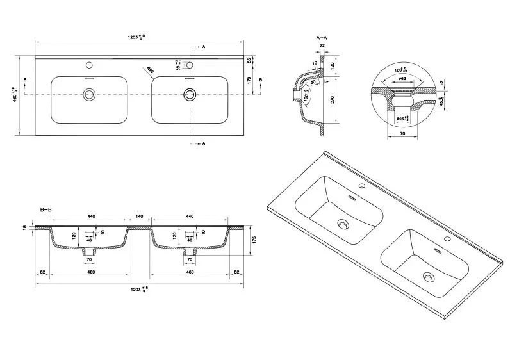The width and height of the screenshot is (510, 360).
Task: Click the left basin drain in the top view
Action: click(x=88, y=95)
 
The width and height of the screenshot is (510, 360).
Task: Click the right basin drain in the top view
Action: click(x=189, y=95)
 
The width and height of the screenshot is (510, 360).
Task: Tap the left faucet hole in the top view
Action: click(x=88, y=65)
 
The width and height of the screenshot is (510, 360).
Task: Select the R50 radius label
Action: click(x=149, y=70)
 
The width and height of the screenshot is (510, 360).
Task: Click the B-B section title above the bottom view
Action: click(x=45, y=209)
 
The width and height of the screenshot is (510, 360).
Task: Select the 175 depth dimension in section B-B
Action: click(x=254, y=240)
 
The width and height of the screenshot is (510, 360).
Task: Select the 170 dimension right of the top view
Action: click(x=249, y=81)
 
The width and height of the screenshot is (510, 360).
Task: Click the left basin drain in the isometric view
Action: click(x=344, y=225)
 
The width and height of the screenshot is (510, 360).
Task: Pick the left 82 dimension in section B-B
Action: click(x=42, y=273)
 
